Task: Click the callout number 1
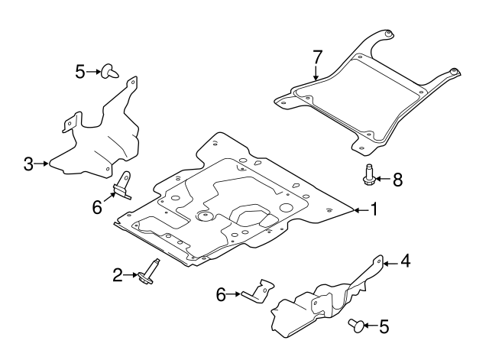[374, 208]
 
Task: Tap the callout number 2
[118, 274]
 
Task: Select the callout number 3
[28, 163]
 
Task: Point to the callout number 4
[406, 262]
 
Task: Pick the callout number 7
[317, 57]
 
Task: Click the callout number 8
[397, 180]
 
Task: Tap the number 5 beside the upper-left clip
[80, 72]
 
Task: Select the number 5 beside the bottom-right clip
[384, 326]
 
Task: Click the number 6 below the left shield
[97, 206]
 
